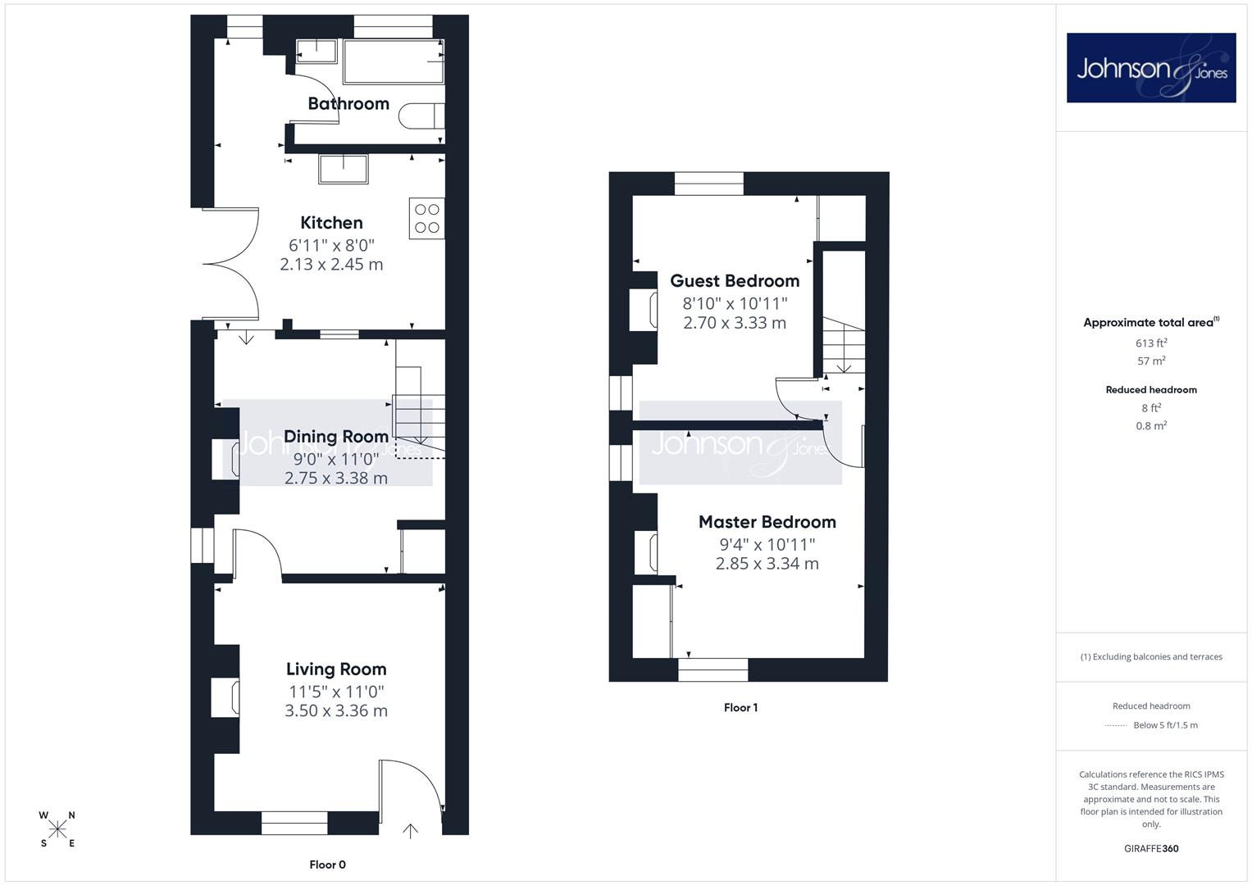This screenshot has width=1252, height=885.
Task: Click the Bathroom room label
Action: pyautogui.click(x=348, y=103)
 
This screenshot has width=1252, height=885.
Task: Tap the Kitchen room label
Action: pyautogui.click(x=331, y=222)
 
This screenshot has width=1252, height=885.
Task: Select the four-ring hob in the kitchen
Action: pyautogui.click(x=427, y=219)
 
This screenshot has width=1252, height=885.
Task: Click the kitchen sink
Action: pyautogui.click(x=344, y=169)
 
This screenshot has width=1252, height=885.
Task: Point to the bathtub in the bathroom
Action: pyautogui.click(x=394, y=61)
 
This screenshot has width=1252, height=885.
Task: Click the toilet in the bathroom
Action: pyautogui.click(x=421, y=116)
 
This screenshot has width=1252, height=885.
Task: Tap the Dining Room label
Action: pyautogui.click(x=336, y=436)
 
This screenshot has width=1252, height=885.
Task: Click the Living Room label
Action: pyautogui.click(x=336, y=669)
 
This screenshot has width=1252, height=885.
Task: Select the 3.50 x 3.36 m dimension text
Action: pyautogui.click(x=336, y=710)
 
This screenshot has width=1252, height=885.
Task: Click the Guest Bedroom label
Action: pyautogui.click(x=735, y=280)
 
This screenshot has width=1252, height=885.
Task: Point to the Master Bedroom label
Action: pyautogui.click(x=767, y=522)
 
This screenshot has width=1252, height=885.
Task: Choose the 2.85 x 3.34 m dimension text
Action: pyautogui.click(x=767, y=564)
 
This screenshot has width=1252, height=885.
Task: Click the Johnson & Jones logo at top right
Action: pyautogui.click(x=1151, y=67)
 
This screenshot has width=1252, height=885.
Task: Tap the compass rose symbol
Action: pyautogui.click(x=57, y=829)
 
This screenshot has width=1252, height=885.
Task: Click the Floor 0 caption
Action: pyautogui.click(x=327, y=865)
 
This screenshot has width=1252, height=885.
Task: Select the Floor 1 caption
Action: pyautogui.click(x=740, y=707)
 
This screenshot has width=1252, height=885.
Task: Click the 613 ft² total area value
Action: pyautogui.click(x=1151, y=343)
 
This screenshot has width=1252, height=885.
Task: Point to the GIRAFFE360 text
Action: pyautogui.click(x=1151, y=848)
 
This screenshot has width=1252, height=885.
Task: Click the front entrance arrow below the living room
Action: pyautogui.click(x=410, y=831)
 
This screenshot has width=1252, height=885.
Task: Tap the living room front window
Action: pyautogui.click(x=294, y=823)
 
